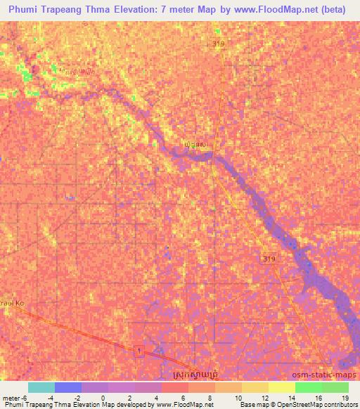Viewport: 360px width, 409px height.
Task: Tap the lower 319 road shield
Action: (x=269, y=259)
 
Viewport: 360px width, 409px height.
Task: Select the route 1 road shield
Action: (x=140, y=351)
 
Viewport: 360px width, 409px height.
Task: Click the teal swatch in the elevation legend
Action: (x=41, y=387)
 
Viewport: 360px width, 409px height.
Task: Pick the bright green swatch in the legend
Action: (x=308, y=387)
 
